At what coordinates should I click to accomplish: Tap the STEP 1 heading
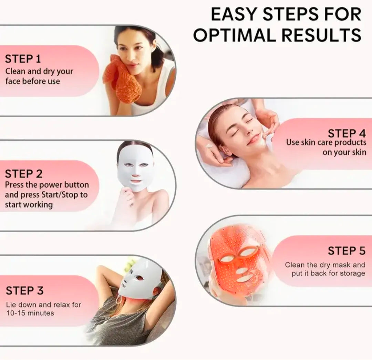23,59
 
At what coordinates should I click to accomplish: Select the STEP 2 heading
24,173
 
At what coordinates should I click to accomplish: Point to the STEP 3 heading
24,290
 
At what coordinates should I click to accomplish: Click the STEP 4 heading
347,133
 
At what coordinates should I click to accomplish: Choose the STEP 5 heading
347,251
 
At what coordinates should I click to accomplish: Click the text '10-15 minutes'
30,313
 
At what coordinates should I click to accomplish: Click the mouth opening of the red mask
245,278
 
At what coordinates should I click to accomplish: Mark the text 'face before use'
32,81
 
